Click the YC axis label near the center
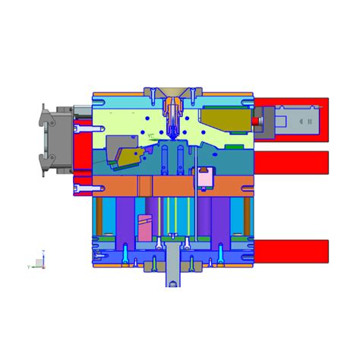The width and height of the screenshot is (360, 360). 151,136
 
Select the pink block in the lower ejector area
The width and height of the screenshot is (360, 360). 145,228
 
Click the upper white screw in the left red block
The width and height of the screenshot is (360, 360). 84,129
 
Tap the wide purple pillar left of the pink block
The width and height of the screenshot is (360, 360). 125,216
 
